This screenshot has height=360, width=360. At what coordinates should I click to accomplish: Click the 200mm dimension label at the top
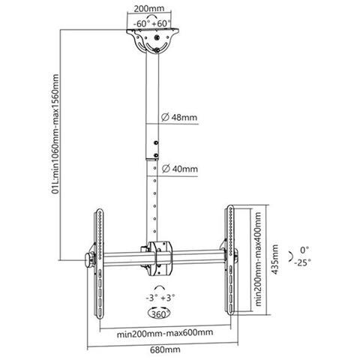pyautogui.click(x=149, y=8)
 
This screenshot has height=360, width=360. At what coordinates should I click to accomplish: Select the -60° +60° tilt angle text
pyautogui.click(x=152, y=24)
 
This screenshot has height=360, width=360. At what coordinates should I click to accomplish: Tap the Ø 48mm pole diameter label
pyautogui.click(x=179, y=117)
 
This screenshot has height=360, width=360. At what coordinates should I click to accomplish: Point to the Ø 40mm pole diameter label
pyautogui.click(x=180, y=169)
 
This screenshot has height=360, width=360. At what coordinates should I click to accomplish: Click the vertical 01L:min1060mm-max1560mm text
pyautogui.click(x=55, y=134)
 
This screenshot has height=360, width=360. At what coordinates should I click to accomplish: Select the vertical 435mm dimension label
pyautogui.click(x=274, y=259)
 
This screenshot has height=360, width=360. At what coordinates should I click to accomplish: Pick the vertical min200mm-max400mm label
pyautogui.click(x=258, y=259)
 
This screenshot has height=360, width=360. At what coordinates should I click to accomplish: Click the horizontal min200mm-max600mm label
pyautogui.click(x=165, y=333)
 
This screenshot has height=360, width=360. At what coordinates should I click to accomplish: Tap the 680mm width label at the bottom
pyautogui.click(x=165, y=349)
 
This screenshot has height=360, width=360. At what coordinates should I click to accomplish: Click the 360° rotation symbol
pyautogui.click(x=159, y=313)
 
